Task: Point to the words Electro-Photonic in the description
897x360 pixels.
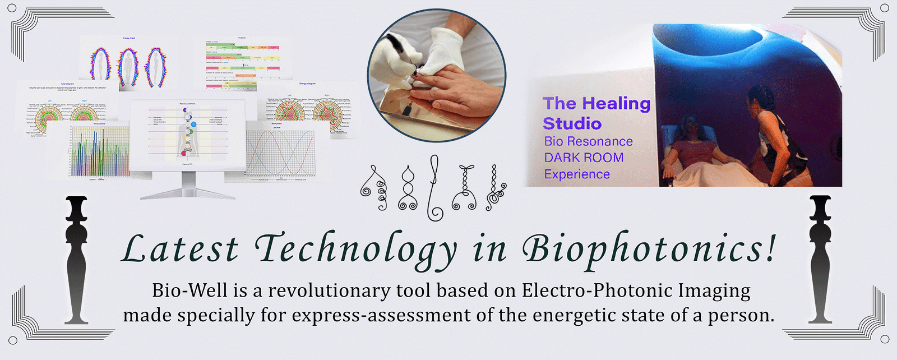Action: coord(597,290)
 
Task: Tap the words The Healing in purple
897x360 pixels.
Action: coord(597,104)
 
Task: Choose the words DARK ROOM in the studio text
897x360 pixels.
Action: coord(584,158)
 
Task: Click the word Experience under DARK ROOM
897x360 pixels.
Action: coord(577,174)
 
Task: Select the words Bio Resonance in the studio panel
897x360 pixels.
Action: coord(588,141)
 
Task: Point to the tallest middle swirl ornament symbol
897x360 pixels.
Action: coord(433,188)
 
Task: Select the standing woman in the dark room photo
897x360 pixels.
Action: coord(776,137)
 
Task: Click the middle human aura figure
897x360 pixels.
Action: coord(128,67)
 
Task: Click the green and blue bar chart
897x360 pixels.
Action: coord(98,151)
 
